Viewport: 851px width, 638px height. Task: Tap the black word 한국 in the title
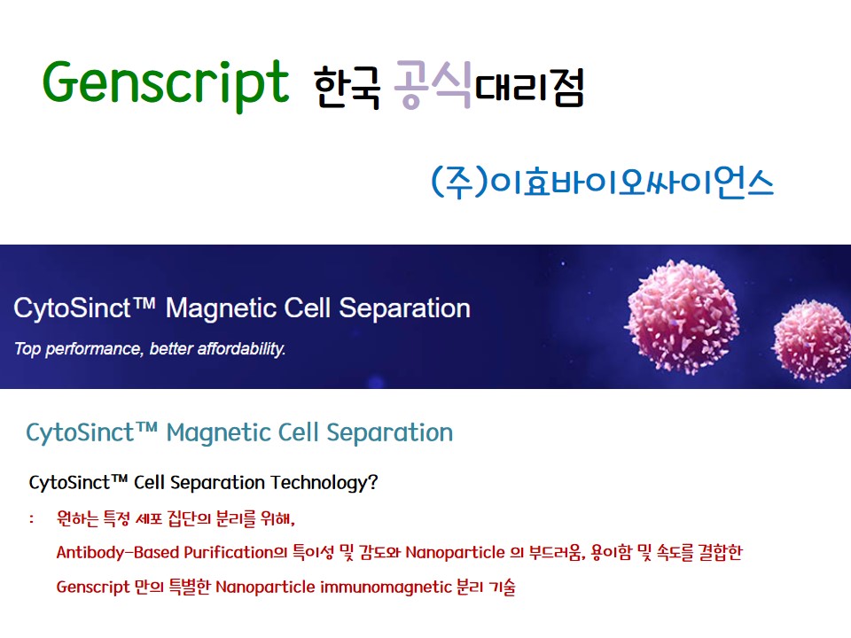click(347, 88)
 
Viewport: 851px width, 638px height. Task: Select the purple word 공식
click(433, 85)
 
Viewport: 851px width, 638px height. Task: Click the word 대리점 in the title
click(529, 87)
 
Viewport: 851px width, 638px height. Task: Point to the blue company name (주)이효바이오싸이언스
click(602, 182)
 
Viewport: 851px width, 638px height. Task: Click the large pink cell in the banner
click(683, 317)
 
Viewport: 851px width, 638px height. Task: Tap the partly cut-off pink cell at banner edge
click(812, 340)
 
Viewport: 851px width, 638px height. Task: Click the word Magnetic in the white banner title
click(221, 308)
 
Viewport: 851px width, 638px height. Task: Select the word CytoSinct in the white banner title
click(72, 308)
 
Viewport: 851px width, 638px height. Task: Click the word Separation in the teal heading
click(390, 433)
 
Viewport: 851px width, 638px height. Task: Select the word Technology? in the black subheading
click(324, 483)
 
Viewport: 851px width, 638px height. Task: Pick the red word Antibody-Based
click(118, 553)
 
